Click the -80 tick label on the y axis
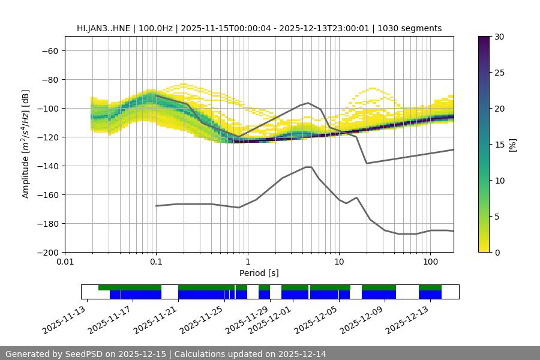point(49,79)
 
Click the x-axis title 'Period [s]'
point(259,273)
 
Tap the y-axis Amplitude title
point(26,144)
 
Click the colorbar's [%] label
point(512,145)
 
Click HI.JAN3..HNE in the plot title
point(105,28)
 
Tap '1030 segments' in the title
point(409,28)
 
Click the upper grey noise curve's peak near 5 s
point(308,103)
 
